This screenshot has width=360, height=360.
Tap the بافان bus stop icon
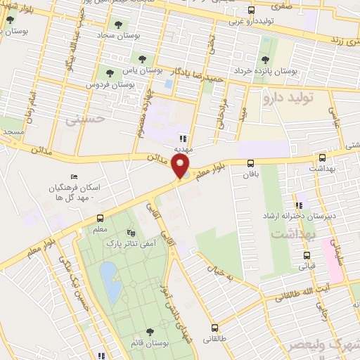pyautogui.click(x=250, y=163)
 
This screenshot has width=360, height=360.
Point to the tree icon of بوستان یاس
pyautogui.click(x=143, y=60)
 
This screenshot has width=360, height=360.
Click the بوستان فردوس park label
pyautogui.click(x=109, y=84)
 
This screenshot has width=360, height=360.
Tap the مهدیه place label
pyautogui.click(x=184, y=150)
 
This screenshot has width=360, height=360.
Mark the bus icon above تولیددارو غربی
pyautogui.click(x=251, y=10)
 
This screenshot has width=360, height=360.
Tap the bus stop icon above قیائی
pyautogui.click(x=307, y=256)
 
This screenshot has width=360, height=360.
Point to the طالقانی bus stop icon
pyautogui.click(x=214, y=328)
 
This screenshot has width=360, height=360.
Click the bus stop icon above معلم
pyautogui.click(x=100, y=218)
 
